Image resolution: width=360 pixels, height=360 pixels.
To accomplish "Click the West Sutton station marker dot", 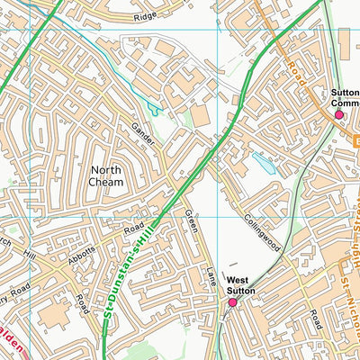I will click(x=232, y=302).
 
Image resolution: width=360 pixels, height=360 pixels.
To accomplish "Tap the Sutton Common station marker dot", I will click(x=339, y=114).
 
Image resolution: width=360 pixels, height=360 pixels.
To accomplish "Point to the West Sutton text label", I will click(x=240, y=285).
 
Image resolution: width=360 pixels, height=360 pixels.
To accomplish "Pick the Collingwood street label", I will click(x=263, y=232).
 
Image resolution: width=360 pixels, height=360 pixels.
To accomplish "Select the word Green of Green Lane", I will click(x=191, y=222).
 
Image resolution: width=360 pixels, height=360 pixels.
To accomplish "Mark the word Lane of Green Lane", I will click(x=211, y=275).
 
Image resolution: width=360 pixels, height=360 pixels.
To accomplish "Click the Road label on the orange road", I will click(x=297, y=77).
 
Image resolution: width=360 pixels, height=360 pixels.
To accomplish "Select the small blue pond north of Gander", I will click(x=154, y=110).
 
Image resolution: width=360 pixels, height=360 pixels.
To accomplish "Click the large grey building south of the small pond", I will click(x=199, y=116).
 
